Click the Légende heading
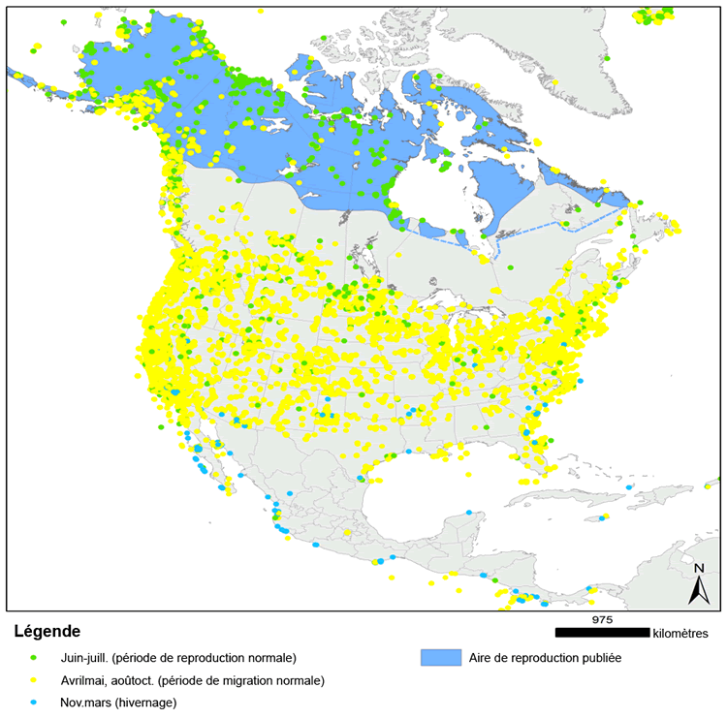(47, 633)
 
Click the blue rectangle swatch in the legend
(438, 657)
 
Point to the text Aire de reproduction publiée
(544, 657)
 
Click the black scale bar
(602, 633)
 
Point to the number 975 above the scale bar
(602, 618)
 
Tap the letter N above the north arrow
(699, 568)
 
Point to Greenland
(562, 58)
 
